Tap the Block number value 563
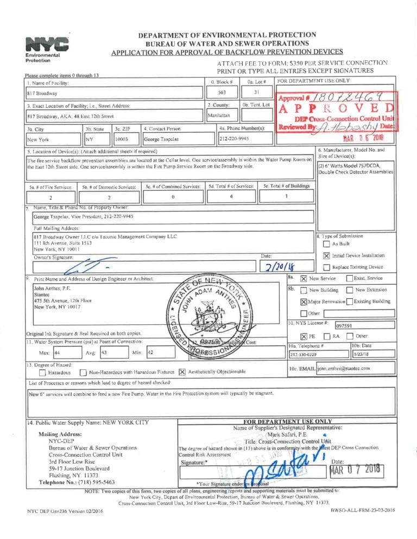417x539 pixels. [x=222, y=92]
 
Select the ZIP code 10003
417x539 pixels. [x=122, y=139]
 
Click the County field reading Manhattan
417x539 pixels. [x=219, y=116]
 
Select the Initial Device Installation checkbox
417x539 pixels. [x=326, y=255]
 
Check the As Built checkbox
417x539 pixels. [x=326, y=243]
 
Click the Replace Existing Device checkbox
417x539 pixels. [x=326, y=267]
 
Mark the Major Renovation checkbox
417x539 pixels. [x=304, y=301]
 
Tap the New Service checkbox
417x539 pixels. [x=304, y=278]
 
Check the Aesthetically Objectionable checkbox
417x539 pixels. [x=182, y=372]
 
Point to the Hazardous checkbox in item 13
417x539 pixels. [x=42, y=373]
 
